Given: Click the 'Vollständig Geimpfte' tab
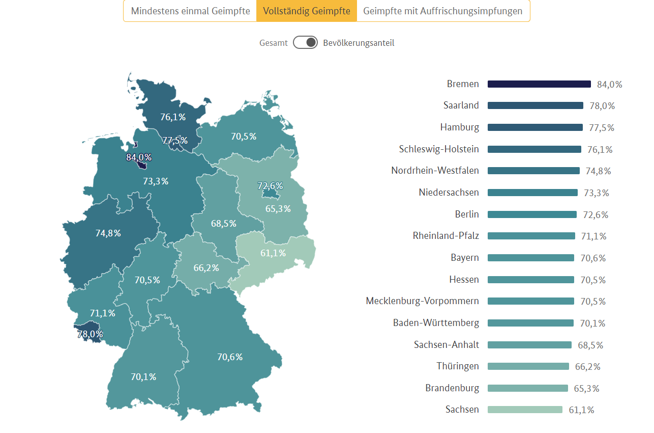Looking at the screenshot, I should (x=307, y=11).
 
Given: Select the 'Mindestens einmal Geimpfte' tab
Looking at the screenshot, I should (x=190, y=11).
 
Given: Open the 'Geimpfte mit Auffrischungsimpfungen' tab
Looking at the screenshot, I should (x=442, y=11).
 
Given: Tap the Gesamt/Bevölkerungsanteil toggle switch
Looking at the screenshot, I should (x=305, y=43).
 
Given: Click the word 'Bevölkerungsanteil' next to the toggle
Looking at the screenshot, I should (x=359, y=43).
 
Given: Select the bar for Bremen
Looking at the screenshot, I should (x=539, y=84).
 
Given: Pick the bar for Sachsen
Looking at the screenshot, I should (x=525, y=410).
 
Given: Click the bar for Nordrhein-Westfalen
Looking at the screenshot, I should (x=533, y=171).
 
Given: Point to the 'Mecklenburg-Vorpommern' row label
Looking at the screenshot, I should (x=422, y=301).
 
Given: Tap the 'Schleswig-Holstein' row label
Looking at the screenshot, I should (x=439, y=149).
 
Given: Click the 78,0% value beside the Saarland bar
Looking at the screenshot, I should (x=602, y=106).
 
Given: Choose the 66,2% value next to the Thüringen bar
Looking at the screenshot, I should (x=588, y=366).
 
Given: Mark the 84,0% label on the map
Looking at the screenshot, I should (x=139, y=157).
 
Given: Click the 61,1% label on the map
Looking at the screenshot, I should (x=273, y=253).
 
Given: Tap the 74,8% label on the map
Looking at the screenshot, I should (x=108, y=233).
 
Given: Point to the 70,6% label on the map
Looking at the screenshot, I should (x=230, y=357).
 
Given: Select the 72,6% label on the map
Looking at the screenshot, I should (x=270, y=186).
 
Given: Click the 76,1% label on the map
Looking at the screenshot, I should (x=173, y=117).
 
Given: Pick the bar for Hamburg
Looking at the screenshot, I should (x=535, y=127).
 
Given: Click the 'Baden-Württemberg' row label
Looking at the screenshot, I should (x=436, y=323).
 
